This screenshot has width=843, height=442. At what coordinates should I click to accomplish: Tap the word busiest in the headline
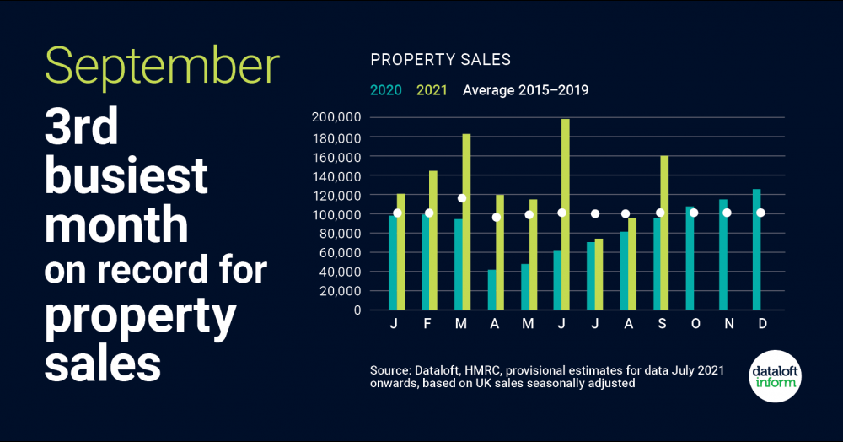point(126,175)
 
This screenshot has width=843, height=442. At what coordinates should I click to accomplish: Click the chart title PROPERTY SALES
point(441,60)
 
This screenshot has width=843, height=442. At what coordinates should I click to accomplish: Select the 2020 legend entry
point(387,90)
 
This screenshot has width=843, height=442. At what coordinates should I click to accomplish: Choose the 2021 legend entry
point(433,90)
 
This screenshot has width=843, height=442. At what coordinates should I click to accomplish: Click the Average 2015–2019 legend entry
point(525,90)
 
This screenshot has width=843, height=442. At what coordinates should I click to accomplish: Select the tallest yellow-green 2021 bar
point(565,214)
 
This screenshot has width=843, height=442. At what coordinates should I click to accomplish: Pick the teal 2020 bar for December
point(755,250)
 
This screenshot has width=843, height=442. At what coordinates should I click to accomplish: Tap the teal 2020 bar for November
point(722,254)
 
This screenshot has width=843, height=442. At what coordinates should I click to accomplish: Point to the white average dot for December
point(760,213)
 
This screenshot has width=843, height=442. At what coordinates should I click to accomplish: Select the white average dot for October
point(694,213)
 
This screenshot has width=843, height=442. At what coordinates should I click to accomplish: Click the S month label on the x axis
point(659,326)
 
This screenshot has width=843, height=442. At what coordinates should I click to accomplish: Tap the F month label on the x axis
point(429,326)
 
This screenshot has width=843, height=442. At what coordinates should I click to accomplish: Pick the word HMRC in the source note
point(486,370)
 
